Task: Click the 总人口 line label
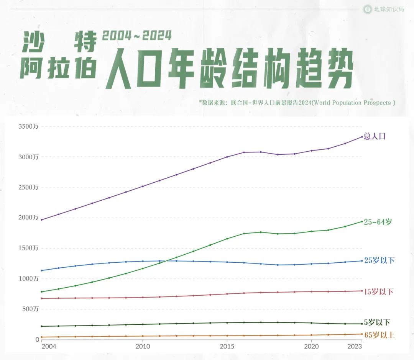(375, 136)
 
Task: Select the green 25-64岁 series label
(378, 222)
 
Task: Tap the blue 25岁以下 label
(379, 260)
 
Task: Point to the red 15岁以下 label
(379, 291)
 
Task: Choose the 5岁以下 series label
(377, 322)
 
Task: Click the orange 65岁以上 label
(379, 335)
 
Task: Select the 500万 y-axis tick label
(30, 309)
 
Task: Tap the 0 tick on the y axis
(37, 339)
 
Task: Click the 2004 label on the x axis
(49, 347)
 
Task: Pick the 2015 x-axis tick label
(227, 347)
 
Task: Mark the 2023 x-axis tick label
(355, 347)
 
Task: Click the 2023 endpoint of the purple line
(361, 137)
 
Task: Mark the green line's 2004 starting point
(41, 292)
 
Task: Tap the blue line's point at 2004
(41, 270)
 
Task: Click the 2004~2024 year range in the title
(137, 36)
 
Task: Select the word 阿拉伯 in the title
(58, 68)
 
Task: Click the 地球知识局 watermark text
(389, 9)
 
